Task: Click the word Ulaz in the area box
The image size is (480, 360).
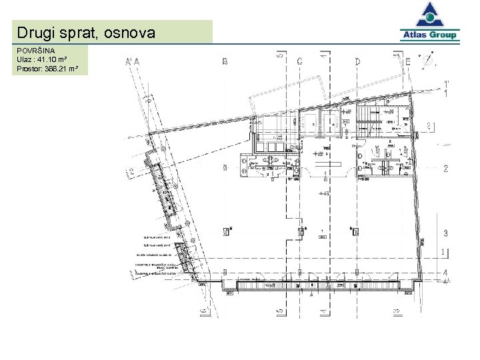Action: [25, 60]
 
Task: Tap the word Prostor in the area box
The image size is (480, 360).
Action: [30, 68]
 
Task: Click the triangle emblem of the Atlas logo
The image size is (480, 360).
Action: [429, 15]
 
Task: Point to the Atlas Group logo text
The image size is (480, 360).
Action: [429, 35]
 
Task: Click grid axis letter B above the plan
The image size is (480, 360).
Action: [225, 62]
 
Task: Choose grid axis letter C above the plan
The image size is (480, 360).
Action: [299, 62]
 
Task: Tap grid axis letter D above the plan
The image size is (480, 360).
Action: [357, 62]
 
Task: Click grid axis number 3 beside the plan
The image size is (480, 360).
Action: [445, 233]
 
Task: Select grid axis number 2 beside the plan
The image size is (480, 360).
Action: [445, 169]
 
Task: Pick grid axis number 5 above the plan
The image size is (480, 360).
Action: [280, 57]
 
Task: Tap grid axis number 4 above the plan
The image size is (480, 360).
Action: [323, 57]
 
